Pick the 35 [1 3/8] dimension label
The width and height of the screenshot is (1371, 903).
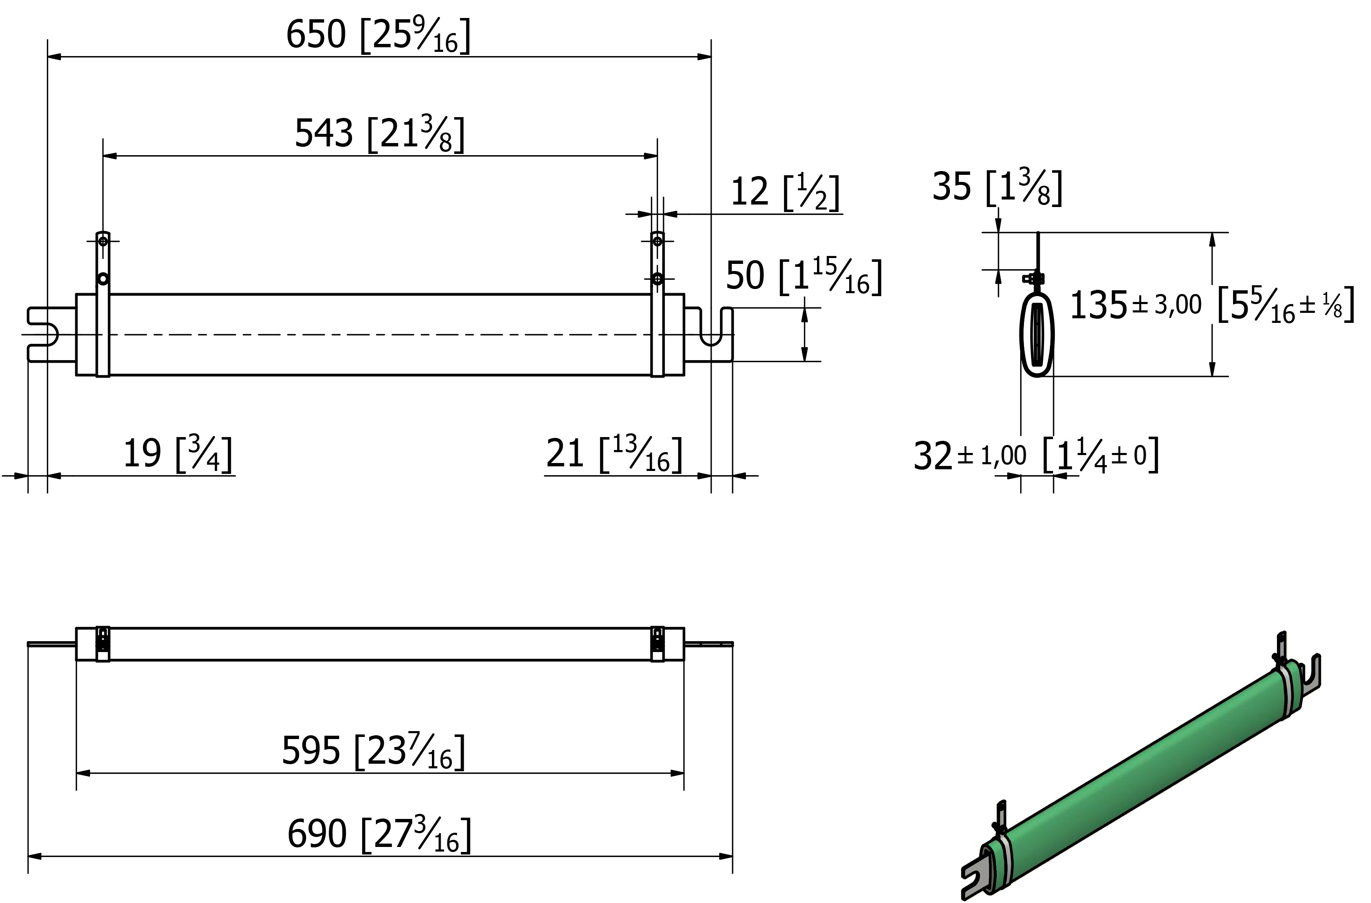click(997, 187)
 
